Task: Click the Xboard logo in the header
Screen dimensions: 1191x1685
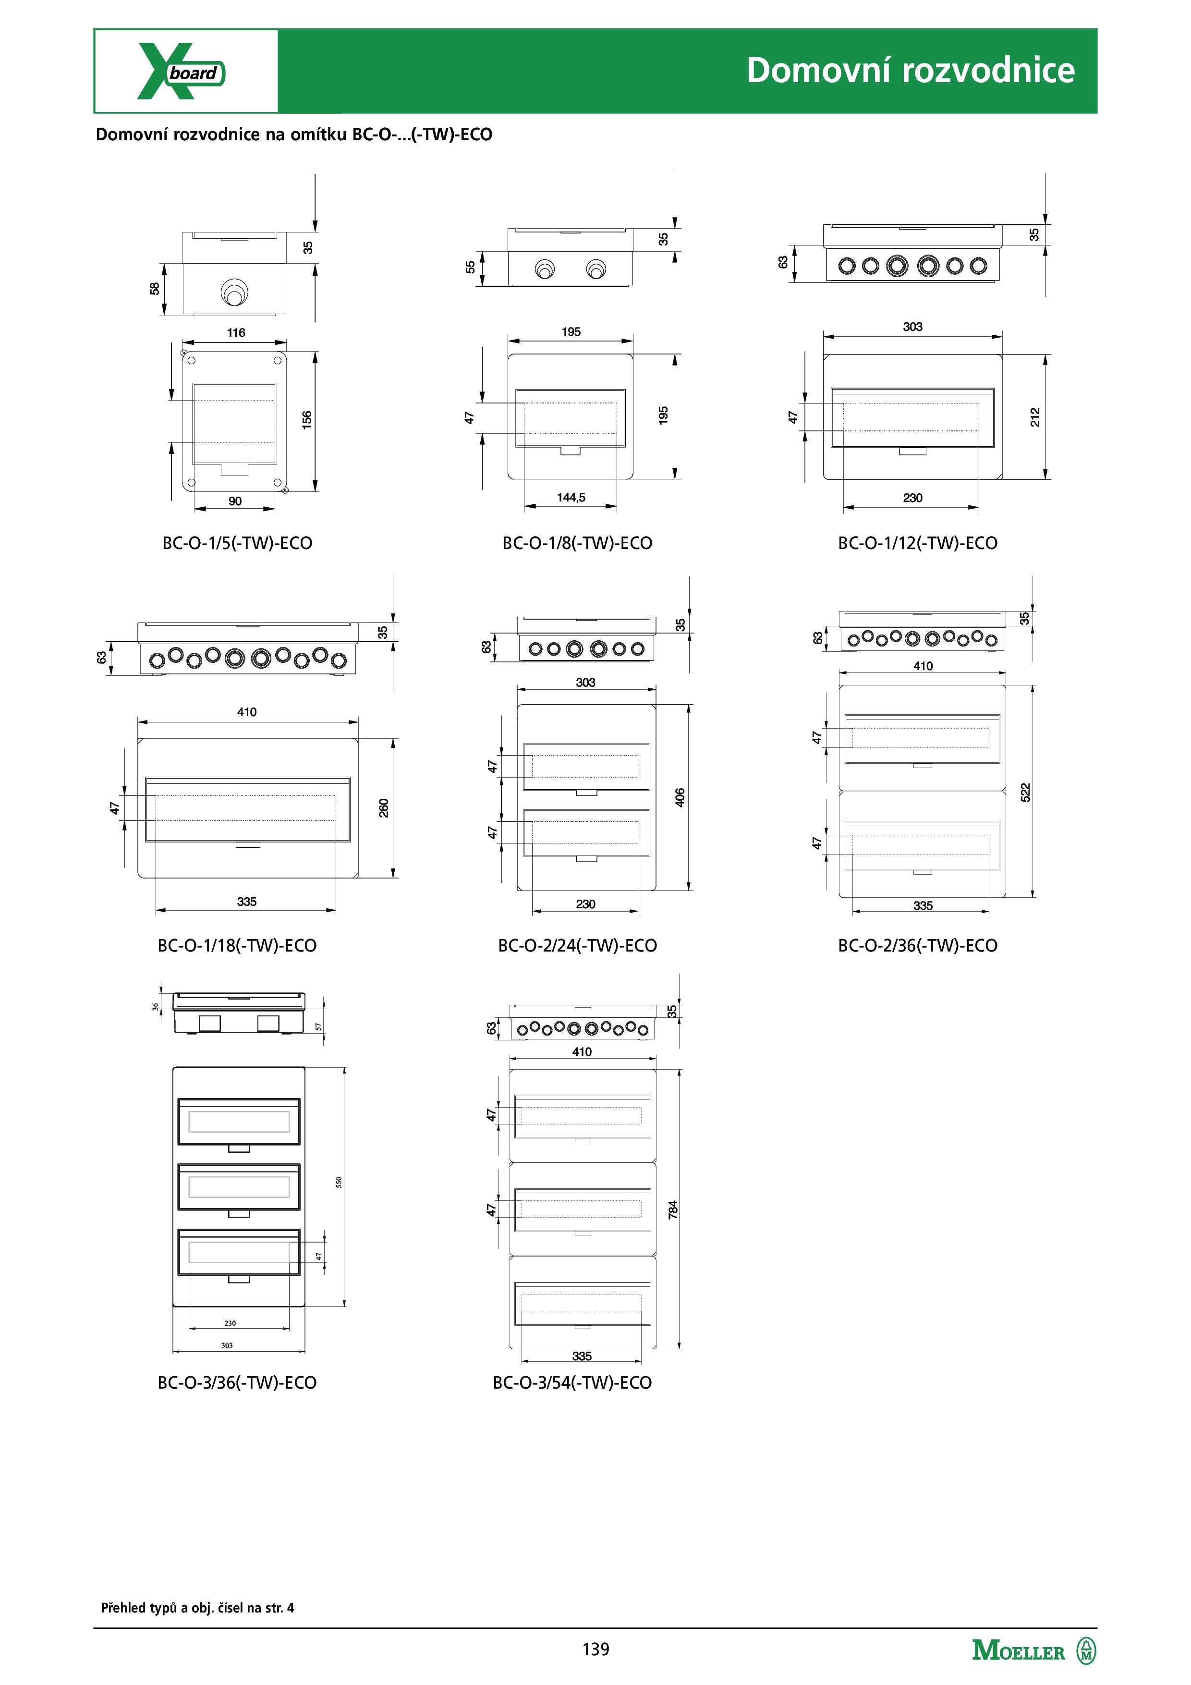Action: click(x=181, y=71)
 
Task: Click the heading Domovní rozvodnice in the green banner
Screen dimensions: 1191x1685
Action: click(x=911, y=71)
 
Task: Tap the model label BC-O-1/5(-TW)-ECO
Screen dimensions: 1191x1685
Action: click(x=237, y=543)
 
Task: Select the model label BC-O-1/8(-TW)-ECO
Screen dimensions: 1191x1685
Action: click(x=577, y=543)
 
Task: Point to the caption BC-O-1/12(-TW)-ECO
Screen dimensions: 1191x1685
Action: click(x=917, y=543)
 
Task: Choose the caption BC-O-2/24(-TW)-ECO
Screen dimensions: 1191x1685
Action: click(x=577, y=945)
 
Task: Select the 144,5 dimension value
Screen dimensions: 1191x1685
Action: click(x=571, y=498)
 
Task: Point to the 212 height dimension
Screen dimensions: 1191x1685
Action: click(x=1035, y=417)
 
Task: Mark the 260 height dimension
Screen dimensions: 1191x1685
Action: click(x=384, y=808)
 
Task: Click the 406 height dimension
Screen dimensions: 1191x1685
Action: click(x=680, y=798)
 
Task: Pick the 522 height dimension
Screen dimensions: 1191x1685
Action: click(x=1025, y=793)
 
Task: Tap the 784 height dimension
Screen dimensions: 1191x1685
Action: click(x=673, y=1210)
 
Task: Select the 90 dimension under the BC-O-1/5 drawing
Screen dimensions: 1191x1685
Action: click(x=235, y=501)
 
